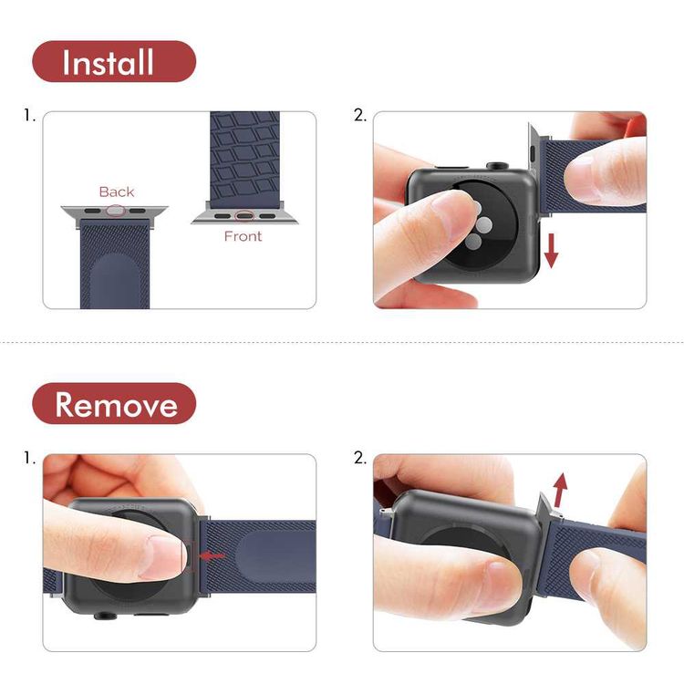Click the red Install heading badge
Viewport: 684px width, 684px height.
coord(114,62)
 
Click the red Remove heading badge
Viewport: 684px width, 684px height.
coord(114,403)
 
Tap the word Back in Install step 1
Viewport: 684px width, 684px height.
coord(117,192)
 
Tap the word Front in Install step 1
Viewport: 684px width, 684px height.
coord(243,236)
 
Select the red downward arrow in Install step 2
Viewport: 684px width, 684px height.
coord(551,249)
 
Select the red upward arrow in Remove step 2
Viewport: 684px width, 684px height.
coord(560,489)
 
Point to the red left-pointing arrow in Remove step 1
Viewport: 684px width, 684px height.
coord(212,555)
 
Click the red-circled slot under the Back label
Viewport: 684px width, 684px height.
coord(116,211)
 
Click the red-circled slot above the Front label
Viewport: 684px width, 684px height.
coord(244,217)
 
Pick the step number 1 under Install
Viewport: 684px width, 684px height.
coord(29,116)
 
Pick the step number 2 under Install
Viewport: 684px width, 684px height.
coord(359,116)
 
